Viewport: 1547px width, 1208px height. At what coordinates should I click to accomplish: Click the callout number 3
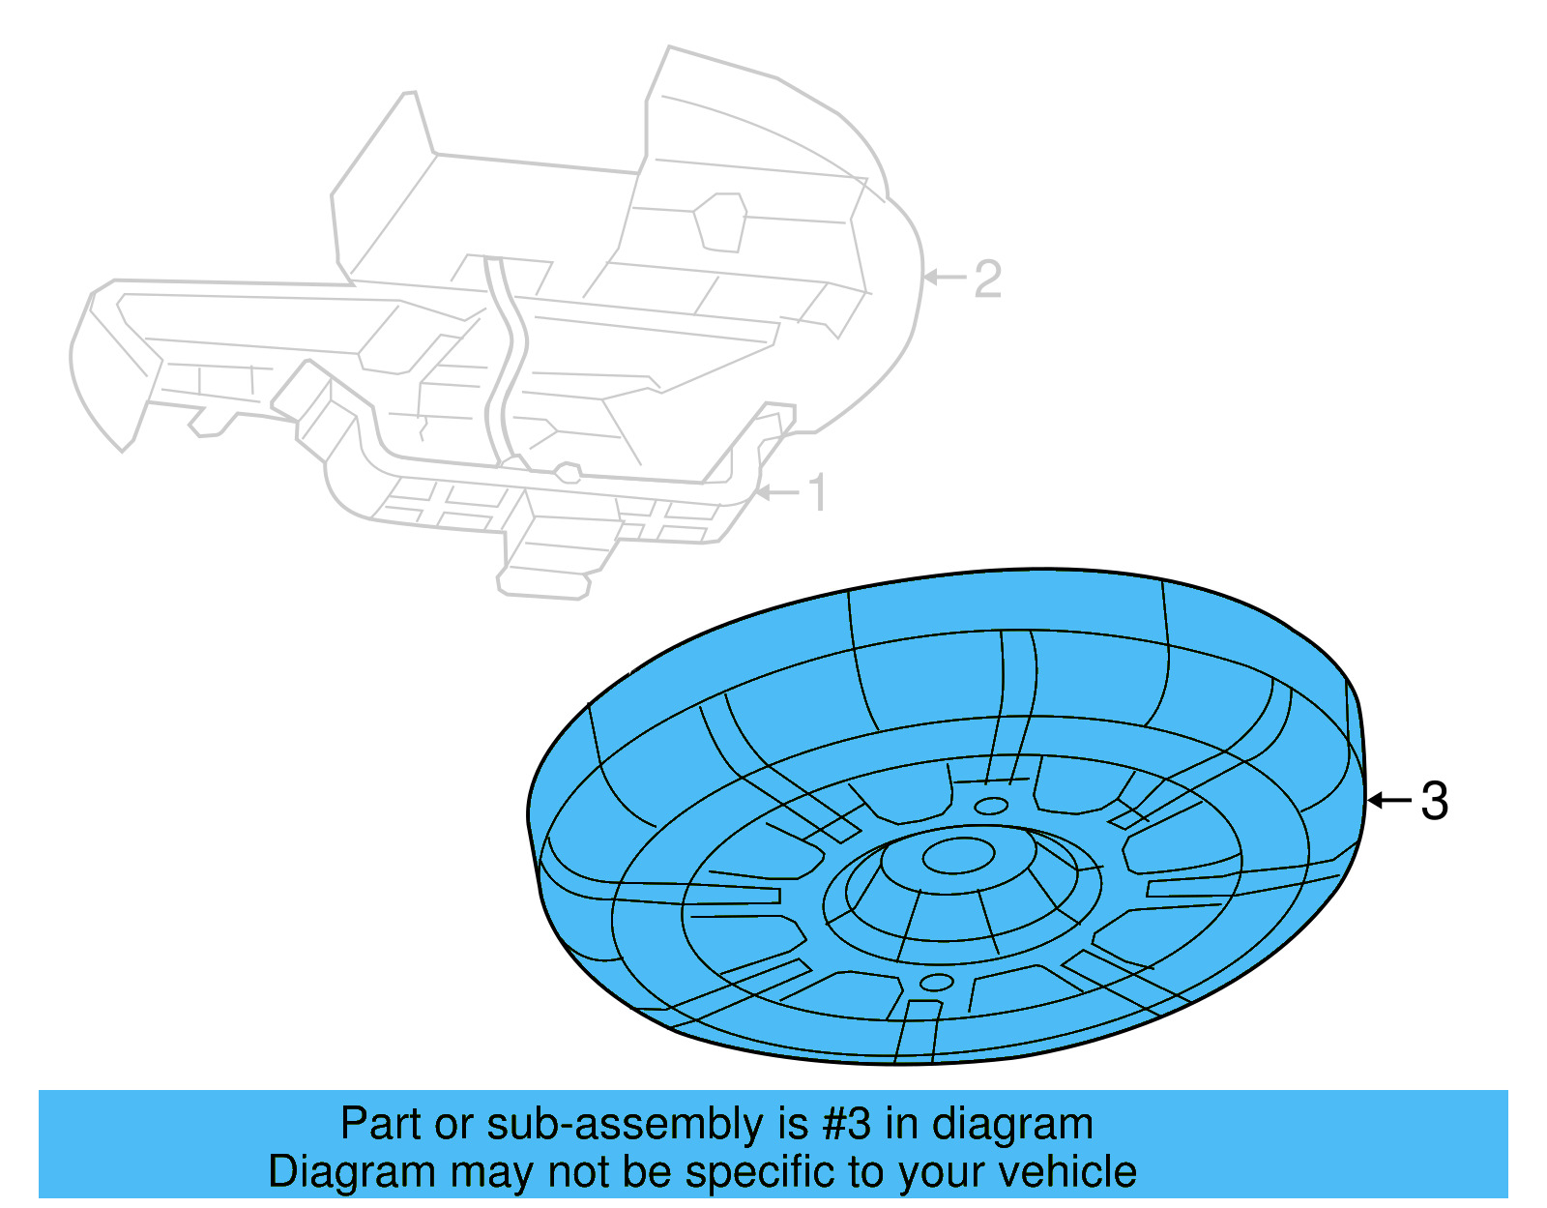point(1435,801)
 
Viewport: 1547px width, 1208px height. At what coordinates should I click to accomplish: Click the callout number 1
point(818,493)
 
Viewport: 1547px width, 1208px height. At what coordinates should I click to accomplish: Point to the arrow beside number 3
point(1389,800)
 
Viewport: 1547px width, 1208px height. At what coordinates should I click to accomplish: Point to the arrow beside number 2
point(945,278)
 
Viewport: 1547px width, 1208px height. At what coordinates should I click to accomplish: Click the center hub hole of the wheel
point(958,855)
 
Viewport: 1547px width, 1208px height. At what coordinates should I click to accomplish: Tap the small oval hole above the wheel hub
point(990,806)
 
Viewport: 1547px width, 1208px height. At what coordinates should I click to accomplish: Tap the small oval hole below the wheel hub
point(936,983)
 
